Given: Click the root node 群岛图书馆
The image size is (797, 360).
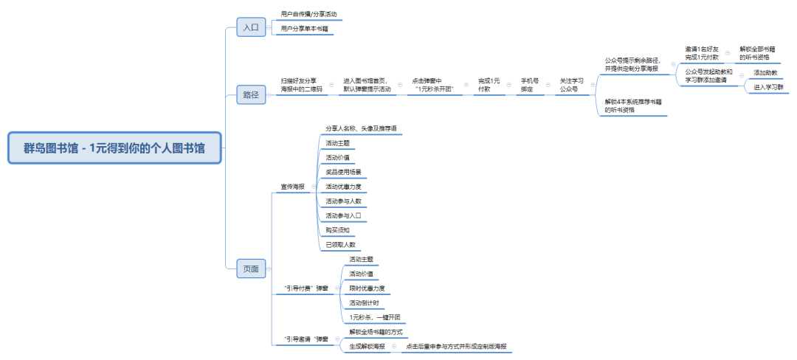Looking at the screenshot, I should tap(114, 148).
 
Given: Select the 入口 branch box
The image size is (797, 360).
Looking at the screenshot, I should tap(251, 27).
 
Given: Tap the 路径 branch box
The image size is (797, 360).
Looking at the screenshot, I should tap(251, 94).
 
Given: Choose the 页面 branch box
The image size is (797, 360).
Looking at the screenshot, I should tap(251, 269).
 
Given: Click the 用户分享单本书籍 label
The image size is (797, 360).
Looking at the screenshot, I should tap(306, 29).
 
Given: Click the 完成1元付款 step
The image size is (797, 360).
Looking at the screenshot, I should tap(489, 84).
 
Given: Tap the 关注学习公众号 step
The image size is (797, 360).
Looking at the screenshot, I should tap(571, 84).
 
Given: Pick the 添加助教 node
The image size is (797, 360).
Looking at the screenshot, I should tap(766, 72).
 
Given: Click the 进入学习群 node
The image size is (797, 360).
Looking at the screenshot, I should tap(768, 87).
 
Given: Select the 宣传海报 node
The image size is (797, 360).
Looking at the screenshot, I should tap(292, 187).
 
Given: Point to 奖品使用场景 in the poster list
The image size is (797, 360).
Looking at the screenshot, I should tap(343, 172).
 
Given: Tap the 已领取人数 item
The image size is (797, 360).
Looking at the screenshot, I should tap(340, 244).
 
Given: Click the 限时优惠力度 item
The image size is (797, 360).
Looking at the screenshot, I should tap(367, 288).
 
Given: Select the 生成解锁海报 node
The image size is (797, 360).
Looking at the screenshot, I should tap(367, 346).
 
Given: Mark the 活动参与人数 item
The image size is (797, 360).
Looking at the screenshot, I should tap(343, 201).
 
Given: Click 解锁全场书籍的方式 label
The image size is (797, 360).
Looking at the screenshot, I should tap(376, 331).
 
